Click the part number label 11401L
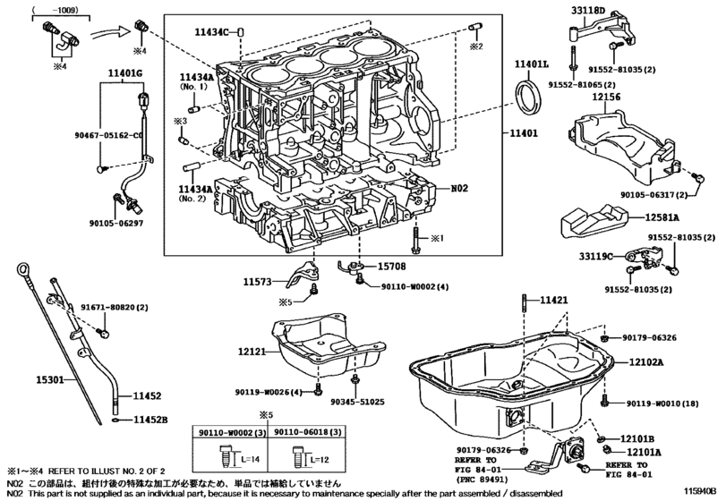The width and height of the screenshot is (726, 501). (532, 65)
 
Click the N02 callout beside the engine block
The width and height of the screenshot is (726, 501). (458, 189)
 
